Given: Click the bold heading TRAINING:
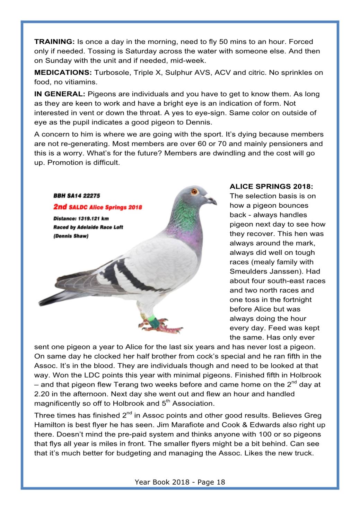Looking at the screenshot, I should coord(54,42).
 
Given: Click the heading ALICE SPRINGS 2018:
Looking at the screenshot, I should coord(271,187).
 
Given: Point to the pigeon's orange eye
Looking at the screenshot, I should coord(194,191).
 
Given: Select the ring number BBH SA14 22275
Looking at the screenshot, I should coord(77,196).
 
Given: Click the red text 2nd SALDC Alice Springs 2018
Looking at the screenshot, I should coord(98,207).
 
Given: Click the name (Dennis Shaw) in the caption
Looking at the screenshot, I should coord(71,236).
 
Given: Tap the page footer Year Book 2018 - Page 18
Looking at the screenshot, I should coord(180,482).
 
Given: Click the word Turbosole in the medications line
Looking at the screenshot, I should coord(112,73).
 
